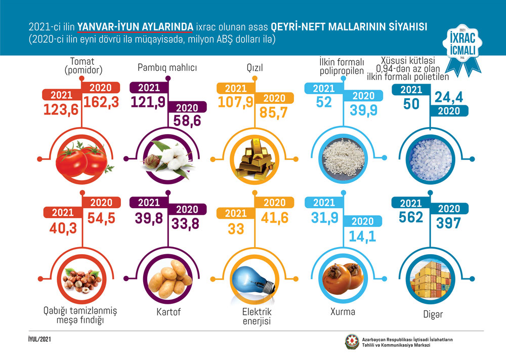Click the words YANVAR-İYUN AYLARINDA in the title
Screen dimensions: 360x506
pyautogui.click(x=135, y=26)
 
